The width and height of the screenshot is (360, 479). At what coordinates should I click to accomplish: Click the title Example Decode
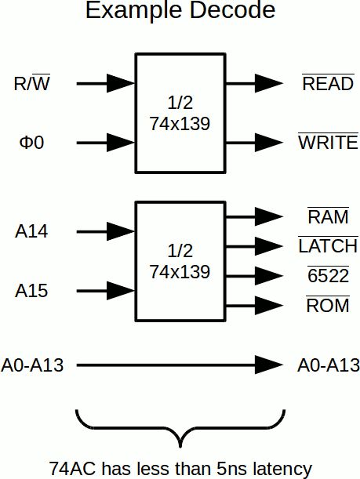tap(180, 12)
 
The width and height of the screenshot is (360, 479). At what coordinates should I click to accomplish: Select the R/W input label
tap(33, 83)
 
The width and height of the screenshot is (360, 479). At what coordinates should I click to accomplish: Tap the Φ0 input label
tap(31, 143)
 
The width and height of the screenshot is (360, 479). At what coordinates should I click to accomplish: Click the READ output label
tap(328, 84)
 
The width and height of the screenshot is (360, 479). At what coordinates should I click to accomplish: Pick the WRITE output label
tap(328, 143)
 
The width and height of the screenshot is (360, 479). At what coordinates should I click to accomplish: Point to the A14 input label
tap(32, 232)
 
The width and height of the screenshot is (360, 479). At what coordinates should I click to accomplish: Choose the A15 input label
tap(32, 292)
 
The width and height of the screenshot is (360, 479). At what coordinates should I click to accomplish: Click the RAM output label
tap(328, 217)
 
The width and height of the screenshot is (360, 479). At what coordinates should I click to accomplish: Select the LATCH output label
tap(328, 246)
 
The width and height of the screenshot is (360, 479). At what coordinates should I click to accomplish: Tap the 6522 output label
tap(328, 276)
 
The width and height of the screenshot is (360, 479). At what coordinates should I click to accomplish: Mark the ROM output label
tap(328, 306)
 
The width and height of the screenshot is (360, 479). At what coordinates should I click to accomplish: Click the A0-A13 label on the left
tap(32, 365)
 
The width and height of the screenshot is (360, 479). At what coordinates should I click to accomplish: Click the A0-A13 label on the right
tap(329, 365)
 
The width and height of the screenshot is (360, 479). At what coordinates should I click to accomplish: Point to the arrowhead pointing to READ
tap(269, 84)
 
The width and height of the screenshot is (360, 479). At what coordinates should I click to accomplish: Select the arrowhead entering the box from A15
tap(121, 292)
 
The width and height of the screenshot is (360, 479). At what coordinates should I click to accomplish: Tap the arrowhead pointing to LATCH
tap(269, 246)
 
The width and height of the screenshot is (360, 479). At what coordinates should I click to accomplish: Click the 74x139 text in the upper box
tap(180, 124)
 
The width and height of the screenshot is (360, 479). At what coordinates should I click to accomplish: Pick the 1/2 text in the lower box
tap(180, 252)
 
